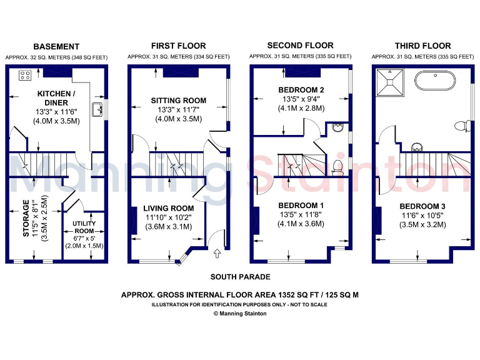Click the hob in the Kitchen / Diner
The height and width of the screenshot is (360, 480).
tap(26, 76)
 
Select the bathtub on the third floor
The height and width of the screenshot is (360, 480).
tap(436, 81)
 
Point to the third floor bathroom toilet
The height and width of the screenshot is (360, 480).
tap(462, 126)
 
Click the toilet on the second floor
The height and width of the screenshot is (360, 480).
tap(337, 166)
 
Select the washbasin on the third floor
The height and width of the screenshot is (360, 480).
tap(416, 147)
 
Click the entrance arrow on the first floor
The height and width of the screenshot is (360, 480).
tap(217, 253)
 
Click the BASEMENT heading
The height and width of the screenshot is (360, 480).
tap(56, 47)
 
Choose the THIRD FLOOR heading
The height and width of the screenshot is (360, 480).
tap(422, 46)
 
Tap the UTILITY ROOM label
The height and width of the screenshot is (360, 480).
tap(84, 227)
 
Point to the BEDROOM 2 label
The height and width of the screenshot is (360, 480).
tap(301, 90)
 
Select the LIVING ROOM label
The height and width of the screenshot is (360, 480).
tap(168, 208)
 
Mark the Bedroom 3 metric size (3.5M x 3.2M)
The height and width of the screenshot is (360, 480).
tap(423, 224)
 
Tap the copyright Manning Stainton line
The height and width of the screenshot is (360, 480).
tap(239, 314)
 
